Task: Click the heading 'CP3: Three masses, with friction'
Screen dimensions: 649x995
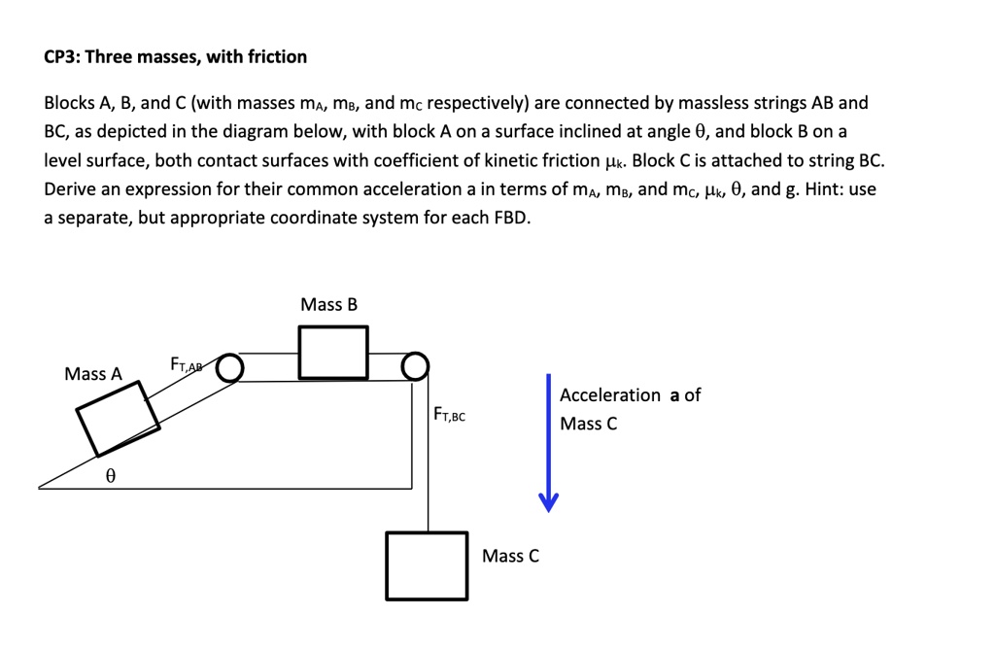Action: click(x=176, y=57)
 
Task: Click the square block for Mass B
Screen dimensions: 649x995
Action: click(x=332, y=353)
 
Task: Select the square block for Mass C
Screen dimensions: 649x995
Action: click(x=427, y=564)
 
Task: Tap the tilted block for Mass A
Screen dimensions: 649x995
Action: click(x=119, y=416)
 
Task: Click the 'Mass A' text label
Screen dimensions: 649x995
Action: click(x=93, y=374)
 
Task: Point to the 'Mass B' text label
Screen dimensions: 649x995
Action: click(x=328, y=305)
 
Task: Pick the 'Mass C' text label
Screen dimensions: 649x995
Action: click(x=510, y=556)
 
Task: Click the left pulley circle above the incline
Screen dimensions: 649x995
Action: click(x=229, y=366)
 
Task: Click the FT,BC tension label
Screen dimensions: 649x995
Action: click(x=449, y=416)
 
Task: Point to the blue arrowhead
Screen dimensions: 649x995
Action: click(x=549, y=500)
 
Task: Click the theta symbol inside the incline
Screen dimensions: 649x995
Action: click(x=111, y=476)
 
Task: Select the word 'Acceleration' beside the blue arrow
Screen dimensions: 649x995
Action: click(x=610, y=395)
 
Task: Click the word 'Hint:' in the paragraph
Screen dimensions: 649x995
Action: click(x=824, y=189)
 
